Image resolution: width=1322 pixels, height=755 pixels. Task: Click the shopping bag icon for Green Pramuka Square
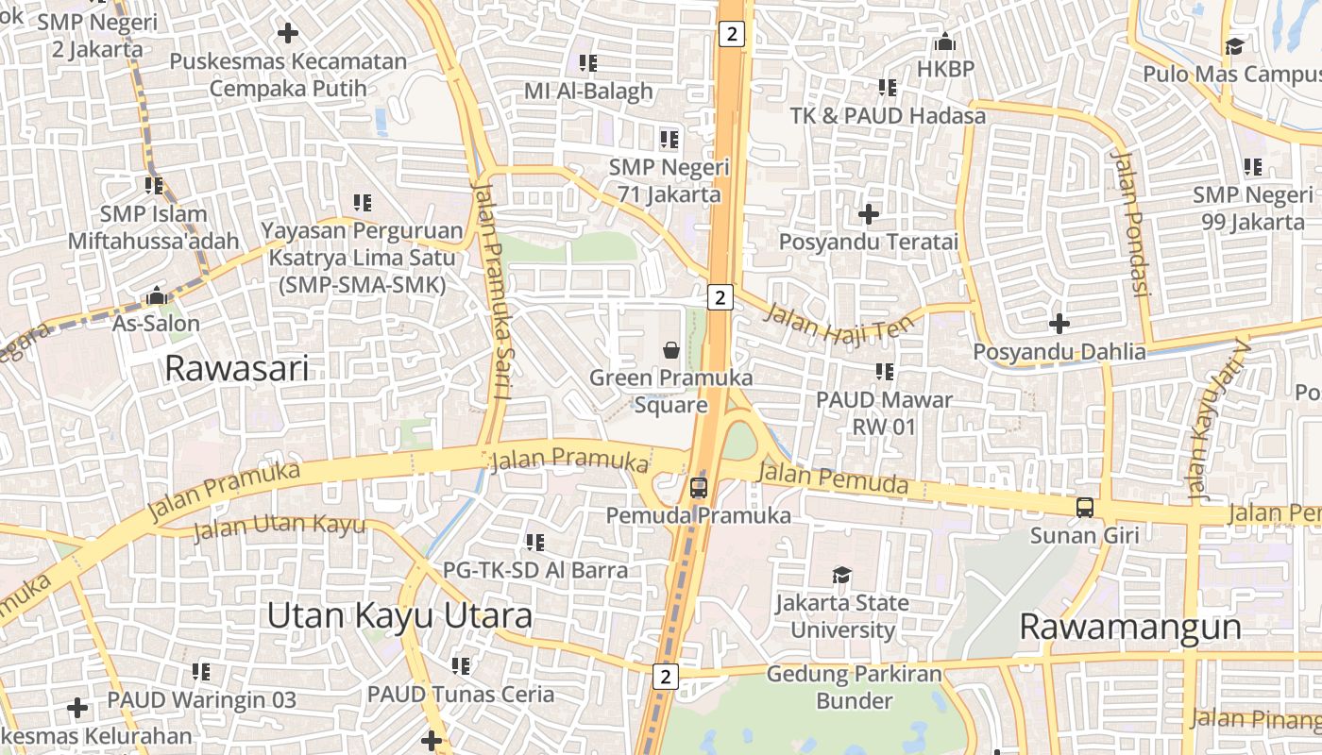coord(671,350)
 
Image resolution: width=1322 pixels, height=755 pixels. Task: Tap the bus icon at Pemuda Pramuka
coord(698,488)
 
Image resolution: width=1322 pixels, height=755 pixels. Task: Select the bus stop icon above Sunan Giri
coord(1085,508)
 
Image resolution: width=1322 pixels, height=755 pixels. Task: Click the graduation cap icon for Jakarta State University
coord(841,575)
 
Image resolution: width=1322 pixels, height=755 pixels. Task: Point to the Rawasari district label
coord(236,368)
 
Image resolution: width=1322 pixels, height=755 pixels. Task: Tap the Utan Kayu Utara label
coord(398,616)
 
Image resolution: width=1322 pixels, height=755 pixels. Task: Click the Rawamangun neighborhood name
coord(1130,627)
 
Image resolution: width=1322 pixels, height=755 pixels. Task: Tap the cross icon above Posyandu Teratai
coord(869,214)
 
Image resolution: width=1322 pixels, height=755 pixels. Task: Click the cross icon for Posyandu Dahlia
coord(1059,324)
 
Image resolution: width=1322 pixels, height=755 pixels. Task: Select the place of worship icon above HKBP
coord(944,42)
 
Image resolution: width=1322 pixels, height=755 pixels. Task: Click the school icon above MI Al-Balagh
coord(588,63)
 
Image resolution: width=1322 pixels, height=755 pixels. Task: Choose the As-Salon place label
coord(157,324)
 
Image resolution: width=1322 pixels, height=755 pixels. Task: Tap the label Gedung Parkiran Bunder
coord(854,687)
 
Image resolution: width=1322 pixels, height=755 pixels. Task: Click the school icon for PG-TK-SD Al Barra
coord(535,543)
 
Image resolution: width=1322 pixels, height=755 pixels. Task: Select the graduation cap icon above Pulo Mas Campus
coord(1234,46)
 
